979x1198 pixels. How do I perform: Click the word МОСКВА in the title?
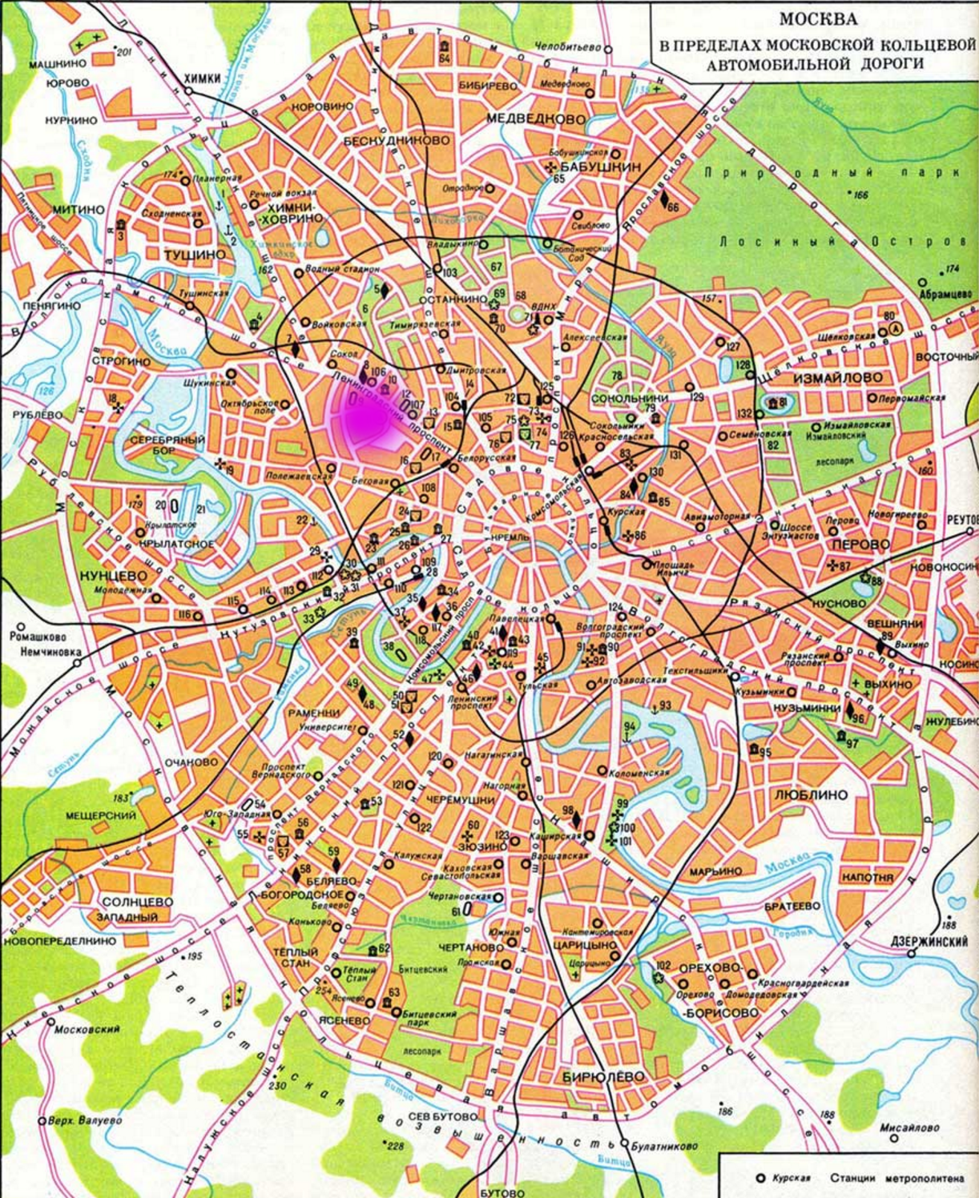[818, 18]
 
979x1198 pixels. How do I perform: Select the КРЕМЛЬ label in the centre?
[510, 537]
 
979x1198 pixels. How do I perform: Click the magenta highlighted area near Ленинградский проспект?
[365, 420]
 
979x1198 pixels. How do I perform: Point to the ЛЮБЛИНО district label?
[811, 795]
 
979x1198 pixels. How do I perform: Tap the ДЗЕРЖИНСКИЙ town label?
[929, 942]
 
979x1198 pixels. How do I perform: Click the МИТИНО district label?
[78, 209]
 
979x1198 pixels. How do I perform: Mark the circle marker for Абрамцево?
[923, 282]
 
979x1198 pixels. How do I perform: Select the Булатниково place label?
[664, 1146]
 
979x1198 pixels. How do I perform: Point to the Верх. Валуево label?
[84, 1120]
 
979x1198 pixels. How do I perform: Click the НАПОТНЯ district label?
[867, 878]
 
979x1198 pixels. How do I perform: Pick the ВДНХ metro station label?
[543, 307]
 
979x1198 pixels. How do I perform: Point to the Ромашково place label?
[37, 637]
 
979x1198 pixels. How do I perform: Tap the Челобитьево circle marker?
[608, 50]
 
